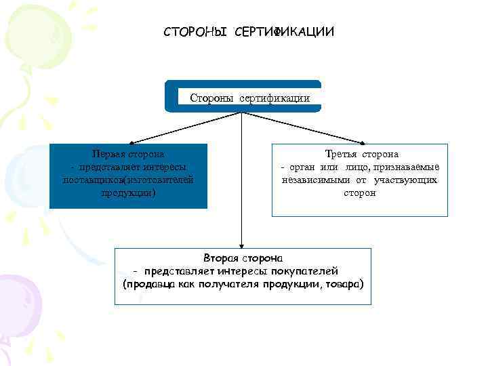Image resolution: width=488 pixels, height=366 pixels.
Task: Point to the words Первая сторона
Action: (128, 155)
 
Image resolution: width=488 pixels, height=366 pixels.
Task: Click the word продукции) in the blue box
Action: (128, 192)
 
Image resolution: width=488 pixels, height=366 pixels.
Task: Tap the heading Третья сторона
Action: (360, 155)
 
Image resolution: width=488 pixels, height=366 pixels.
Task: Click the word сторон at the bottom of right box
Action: (360, 193)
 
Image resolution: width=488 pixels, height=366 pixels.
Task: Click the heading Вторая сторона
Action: (243, 258)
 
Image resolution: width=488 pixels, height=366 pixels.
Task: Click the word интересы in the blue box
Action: (163, 167)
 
